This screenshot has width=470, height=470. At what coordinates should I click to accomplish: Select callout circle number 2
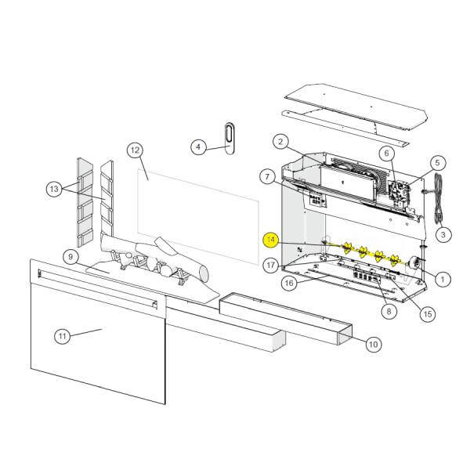click(x=280, y=142)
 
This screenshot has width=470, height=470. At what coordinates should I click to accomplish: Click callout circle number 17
click(x=270, y=264)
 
